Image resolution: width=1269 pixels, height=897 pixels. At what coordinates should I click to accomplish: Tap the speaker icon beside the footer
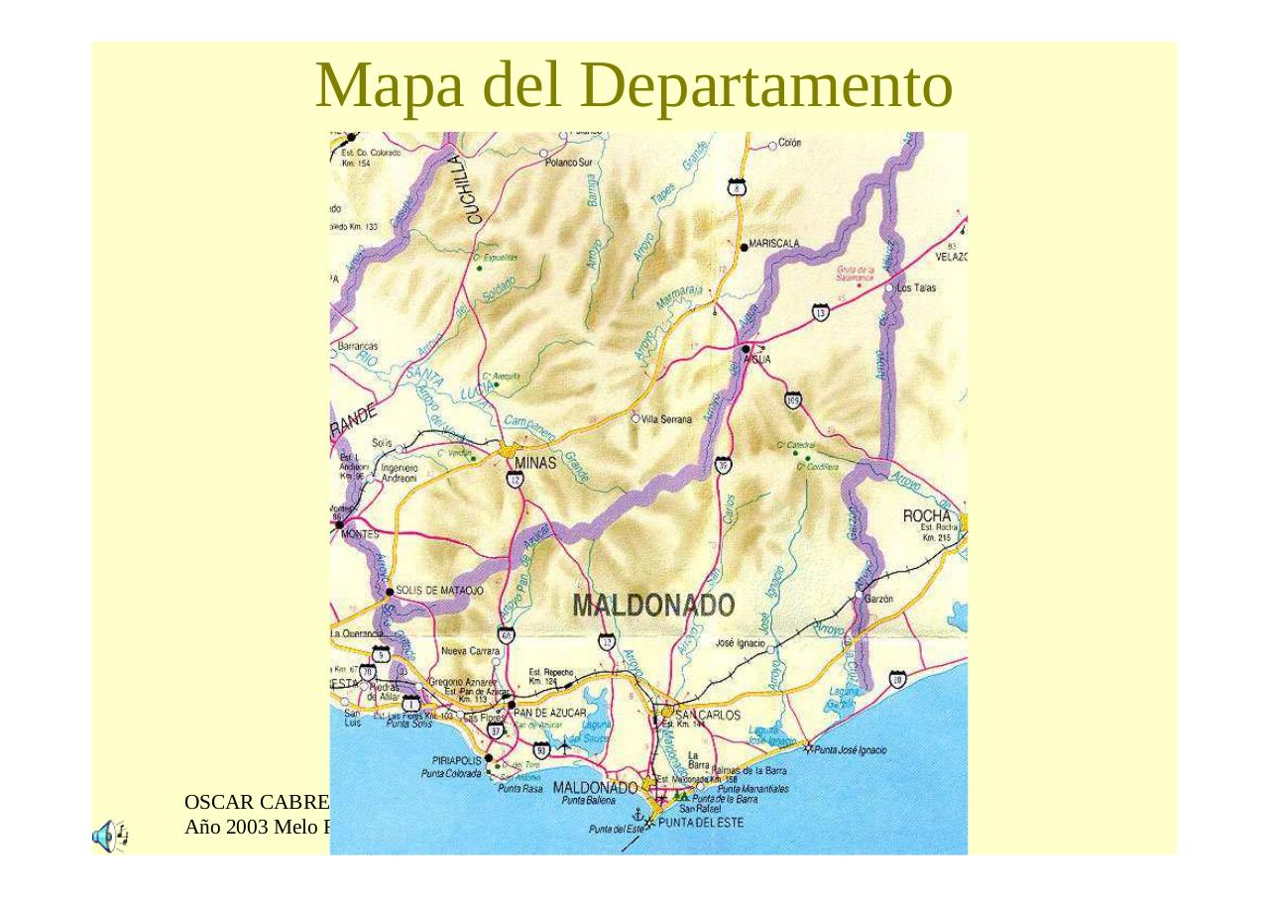(109, 836)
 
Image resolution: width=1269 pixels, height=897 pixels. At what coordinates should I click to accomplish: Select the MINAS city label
(535, 462)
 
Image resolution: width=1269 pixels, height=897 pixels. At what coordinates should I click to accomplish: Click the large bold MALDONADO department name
(653, 606)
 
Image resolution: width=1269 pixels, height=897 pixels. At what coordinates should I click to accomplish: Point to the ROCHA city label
(926, 515)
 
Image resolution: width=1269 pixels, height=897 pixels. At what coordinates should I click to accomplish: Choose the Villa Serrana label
(666, 419)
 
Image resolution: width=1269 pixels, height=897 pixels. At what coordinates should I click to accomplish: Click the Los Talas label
(916, 287)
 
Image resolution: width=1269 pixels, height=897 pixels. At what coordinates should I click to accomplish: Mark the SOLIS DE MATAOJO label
(439, 591)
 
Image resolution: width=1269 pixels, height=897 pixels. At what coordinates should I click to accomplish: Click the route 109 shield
(792, 400)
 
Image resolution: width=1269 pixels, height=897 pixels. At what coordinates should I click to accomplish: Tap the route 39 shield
(723, 465)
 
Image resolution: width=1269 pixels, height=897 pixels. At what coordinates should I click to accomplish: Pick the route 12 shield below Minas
(515, 481)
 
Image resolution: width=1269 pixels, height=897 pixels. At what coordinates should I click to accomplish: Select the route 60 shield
(506, 635)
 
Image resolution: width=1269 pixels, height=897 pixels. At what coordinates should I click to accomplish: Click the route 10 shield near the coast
(896, 678)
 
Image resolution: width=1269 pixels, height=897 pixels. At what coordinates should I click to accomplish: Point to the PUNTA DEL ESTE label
(700, 823)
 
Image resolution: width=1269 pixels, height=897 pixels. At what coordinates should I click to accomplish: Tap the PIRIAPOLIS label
(456, 760)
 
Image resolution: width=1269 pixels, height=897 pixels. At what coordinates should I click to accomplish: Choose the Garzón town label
(878, 599)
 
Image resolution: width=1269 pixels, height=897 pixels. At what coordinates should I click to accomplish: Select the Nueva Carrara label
(470, 652)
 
